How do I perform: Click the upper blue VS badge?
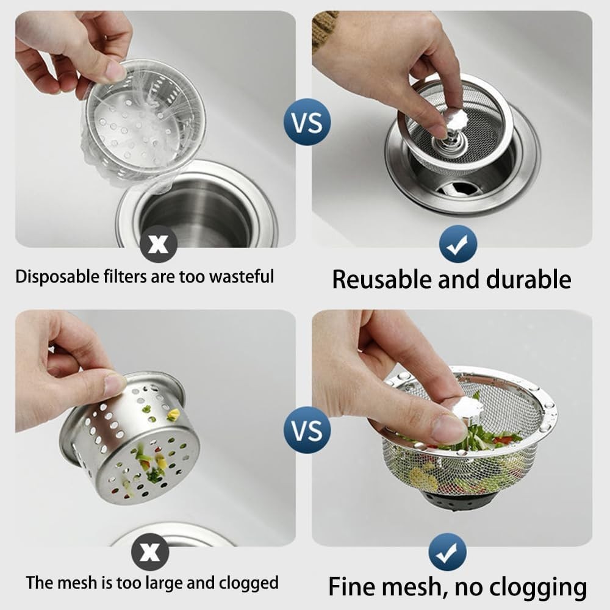307,121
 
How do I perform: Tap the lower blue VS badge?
307,429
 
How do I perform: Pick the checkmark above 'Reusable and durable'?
457,244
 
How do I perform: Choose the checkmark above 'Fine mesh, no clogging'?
448,551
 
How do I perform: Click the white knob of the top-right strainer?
455,118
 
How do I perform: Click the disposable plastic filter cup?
143,122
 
